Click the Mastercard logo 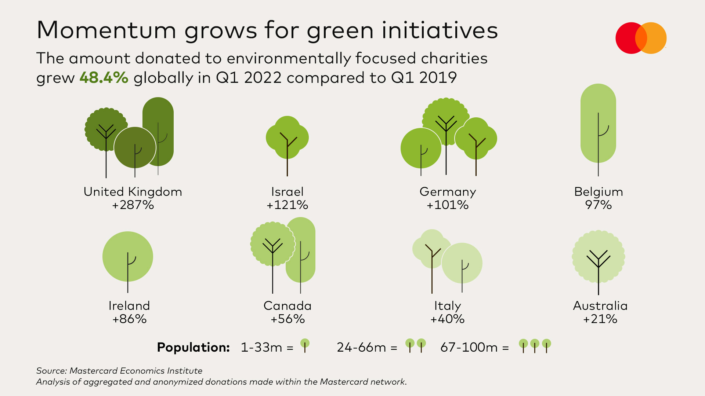(641, 38)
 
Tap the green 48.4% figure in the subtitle (104, 78)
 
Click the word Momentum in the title (106, 30)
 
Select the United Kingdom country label (133, 192)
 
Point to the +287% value (133, 205)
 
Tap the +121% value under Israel (287, 205)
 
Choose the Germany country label (448, 192)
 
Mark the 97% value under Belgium (598, 205)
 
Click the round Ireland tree (128, 257)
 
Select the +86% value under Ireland (129, 319)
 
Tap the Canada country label (287, 306)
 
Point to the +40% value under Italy (447, 319)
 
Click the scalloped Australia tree (599, 257)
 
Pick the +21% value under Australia (600, 319)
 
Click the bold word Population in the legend (193, 347)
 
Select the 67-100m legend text (469, 347)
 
